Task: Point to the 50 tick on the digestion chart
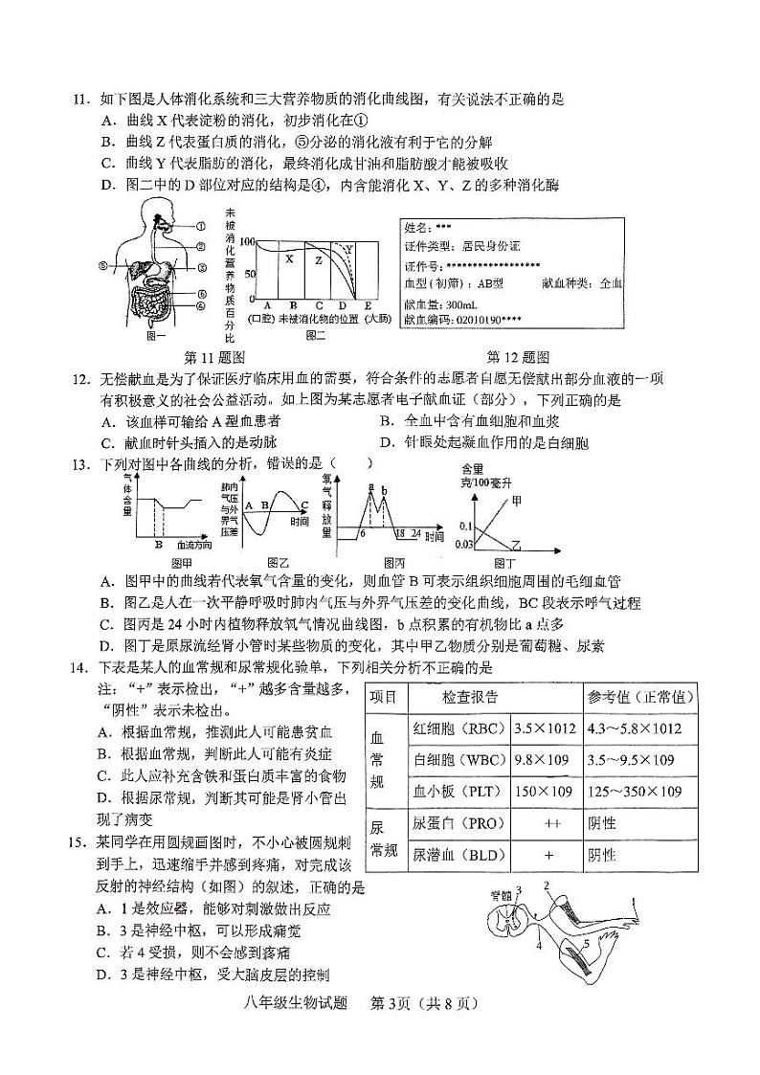pyautogui.click(x=251, y=274)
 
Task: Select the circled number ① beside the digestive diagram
pyautogui.click(x=202, y=227)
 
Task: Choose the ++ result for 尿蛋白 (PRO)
pyautogui.click(x=550, y=823)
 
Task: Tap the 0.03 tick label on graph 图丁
pyautogui.click(x=464, y=545)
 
